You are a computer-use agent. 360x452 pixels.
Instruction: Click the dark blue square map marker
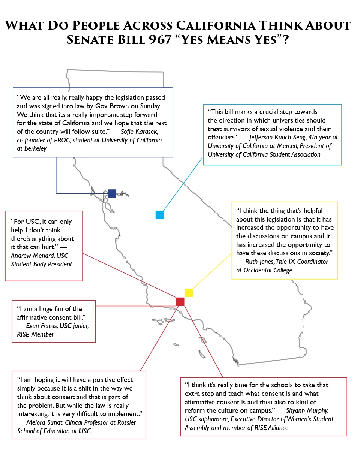pos(112,193)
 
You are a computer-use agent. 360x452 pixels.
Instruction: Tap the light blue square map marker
pos(160,215)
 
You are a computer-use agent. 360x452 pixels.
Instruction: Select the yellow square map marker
pos(189,293)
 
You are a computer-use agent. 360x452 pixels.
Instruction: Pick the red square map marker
pos(180,301)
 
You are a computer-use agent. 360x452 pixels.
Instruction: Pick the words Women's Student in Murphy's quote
pos(312,419)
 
